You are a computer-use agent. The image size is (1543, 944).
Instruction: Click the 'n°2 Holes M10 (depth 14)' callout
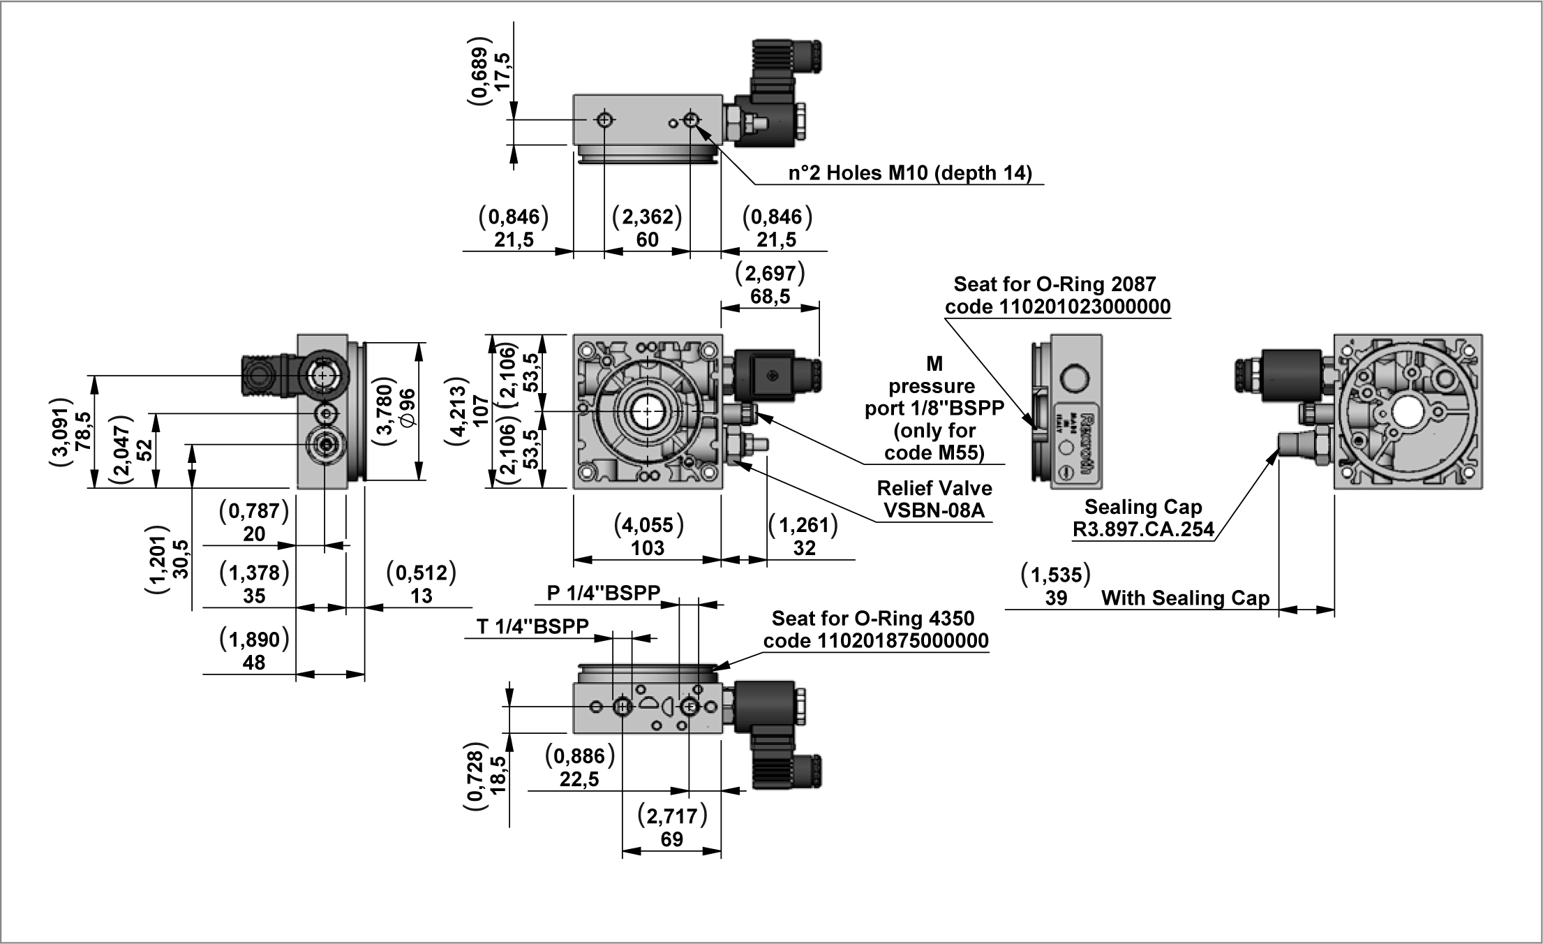(910, 173)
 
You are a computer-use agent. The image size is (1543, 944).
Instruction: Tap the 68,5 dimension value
(770, 297)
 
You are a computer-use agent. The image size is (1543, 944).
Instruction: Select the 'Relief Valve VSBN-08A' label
(934, 499)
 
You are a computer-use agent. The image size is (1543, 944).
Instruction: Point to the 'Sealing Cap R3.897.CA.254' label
(1143, 518)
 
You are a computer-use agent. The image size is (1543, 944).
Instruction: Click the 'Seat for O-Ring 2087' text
(1054, 284)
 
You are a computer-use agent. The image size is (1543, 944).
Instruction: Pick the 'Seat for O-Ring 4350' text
(872, 619)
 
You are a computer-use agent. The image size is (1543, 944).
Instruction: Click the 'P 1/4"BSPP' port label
(603, 593)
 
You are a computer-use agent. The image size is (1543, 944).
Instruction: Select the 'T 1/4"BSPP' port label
(532, 626)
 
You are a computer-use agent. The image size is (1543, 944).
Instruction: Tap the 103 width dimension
(648, 548)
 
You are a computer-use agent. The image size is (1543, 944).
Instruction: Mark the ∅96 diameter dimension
(408, 408)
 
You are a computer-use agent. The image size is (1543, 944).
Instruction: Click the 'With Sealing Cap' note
(1185, 598)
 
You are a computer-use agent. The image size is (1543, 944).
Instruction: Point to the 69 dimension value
(671, 839)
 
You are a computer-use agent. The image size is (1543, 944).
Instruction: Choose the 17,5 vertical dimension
(501, 71)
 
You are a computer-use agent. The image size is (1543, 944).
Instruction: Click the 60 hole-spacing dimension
(647, 239)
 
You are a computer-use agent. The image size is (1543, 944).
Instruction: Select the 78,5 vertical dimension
(83, 432)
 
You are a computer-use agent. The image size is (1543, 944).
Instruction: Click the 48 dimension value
(254, 663)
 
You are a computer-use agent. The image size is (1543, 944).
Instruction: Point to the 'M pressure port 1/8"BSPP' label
(934, 408)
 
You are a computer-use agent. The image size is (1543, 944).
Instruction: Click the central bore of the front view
(647, 412)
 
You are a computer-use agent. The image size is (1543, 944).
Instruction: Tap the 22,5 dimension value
(579, 779)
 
